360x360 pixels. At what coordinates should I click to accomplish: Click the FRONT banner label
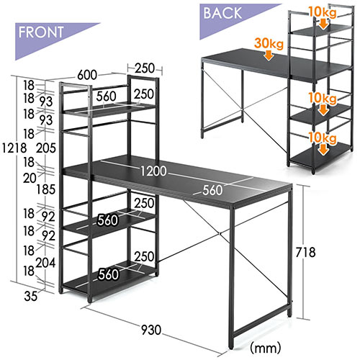[x=41, y=32]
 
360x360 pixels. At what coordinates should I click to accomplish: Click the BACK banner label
[x=222, y=13]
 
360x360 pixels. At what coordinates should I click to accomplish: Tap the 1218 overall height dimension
[x=14, y=148]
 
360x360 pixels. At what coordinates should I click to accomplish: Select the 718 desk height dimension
[x=305, y=252]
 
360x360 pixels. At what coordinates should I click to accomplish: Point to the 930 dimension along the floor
[x=151, y=330]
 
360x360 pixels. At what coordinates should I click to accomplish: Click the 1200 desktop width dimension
[x=153, y=171]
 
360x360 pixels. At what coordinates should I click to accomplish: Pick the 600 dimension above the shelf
[x=87, y=75]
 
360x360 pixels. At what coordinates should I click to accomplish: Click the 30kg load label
[x=269, y=43]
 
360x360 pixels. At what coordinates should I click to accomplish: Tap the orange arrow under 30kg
[x=269, y=55]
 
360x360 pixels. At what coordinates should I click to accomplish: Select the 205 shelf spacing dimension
[x=46, y=148]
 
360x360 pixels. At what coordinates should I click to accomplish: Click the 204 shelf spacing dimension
[x=45, y=263]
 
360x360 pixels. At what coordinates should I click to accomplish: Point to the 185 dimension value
[x=46, y=189]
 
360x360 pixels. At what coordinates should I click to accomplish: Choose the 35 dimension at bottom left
[x=31, y=296]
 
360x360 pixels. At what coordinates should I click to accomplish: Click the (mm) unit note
[x=266, y=347]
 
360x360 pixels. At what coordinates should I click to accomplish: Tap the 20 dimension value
[x=30, y=178]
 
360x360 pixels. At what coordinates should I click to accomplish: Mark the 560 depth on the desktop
[x=213, y=190]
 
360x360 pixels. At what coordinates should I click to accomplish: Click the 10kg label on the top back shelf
[x=323, y=12]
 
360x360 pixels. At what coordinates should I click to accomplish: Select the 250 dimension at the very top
[x=145, y=68]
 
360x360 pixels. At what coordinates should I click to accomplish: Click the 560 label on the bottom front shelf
[x=109, y=274]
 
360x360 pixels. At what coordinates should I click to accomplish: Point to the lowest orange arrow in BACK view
[x=324, y=149]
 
